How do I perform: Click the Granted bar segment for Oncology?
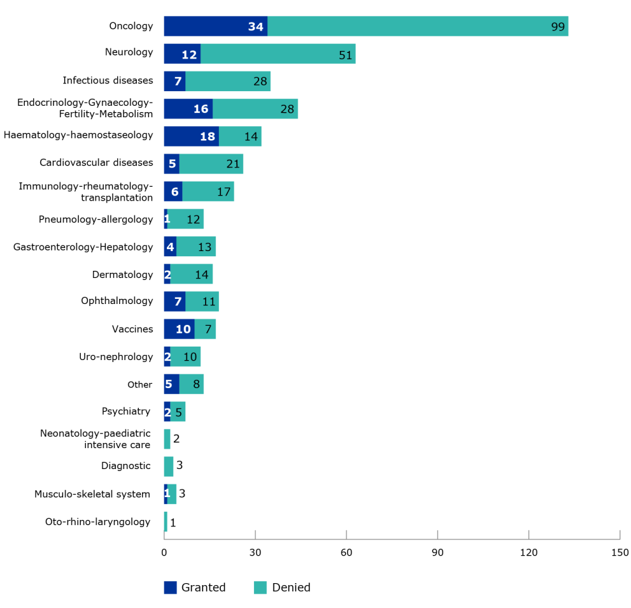(215, 26)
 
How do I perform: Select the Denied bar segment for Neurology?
(278, 54)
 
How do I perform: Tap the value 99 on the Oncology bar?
(558, 27)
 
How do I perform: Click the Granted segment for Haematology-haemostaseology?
(191, 136)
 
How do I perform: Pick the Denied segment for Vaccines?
(205, 329)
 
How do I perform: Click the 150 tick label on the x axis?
(620, 551)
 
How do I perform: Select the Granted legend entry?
(195, 588)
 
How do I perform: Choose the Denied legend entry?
(282, 588)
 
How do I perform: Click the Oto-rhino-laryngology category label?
(97, 522)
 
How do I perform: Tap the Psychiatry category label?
(126, 411)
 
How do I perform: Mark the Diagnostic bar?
(169, 466)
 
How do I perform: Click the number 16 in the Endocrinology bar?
(201, 109)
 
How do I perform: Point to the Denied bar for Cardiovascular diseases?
(211, 163)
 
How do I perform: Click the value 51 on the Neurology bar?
(345, 55)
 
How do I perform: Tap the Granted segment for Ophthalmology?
(174, 301)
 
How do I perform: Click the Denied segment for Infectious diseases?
(228, 81)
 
